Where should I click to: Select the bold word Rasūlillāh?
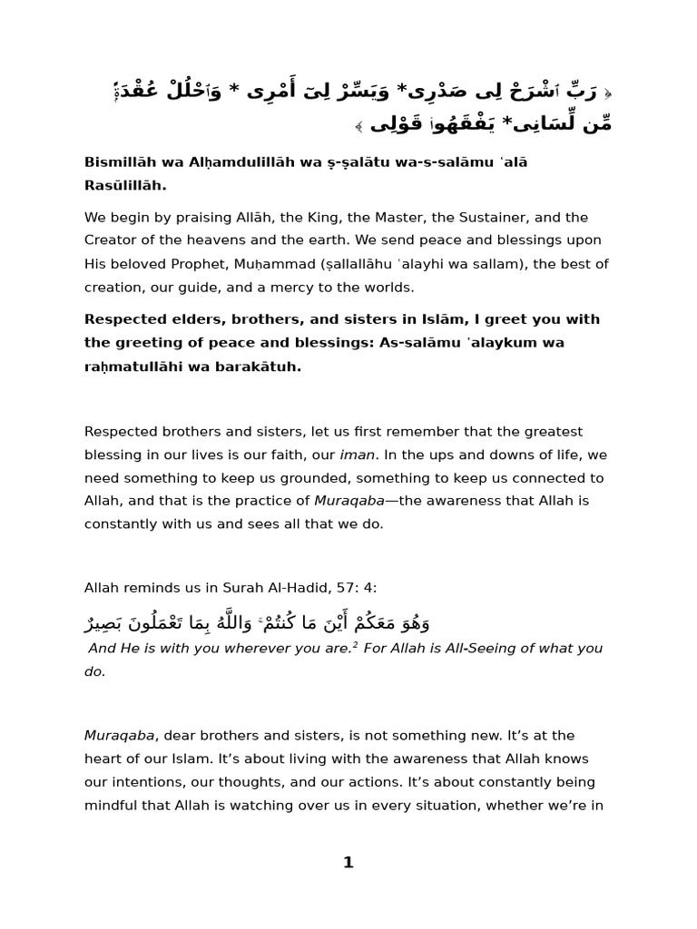(x=125, y=186)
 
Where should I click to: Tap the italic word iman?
(x=357, y=455)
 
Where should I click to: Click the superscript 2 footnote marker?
(x=355, y=645)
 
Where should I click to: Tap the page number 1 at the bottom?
(x=348, y=863)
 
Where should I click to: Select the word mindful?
(x=112, y=805)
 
